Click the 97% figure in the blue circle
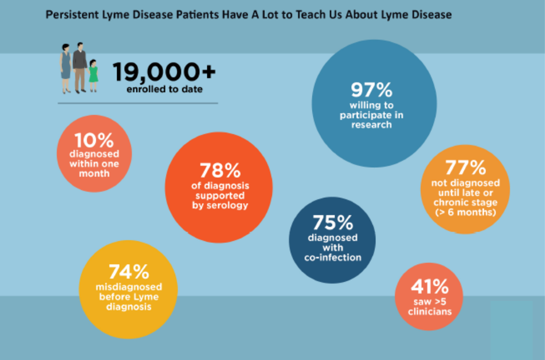pos(371,90)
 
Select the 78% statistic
pos(220,171)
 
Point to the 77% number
pos(465,167)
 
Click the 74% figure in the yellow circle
pos(129,272)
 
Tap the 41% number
pos(429,287)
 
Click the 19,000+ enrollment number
pos(164,72)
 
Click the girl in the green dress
pos(93,75)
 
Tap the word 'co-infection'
pos(333,258)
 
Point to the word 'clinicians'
pos(429,311)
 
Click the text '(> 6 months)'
pos(465,213)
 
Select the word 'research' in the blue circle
pos(371,125)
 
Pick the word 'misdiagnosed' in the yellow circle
pos(129,287)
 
